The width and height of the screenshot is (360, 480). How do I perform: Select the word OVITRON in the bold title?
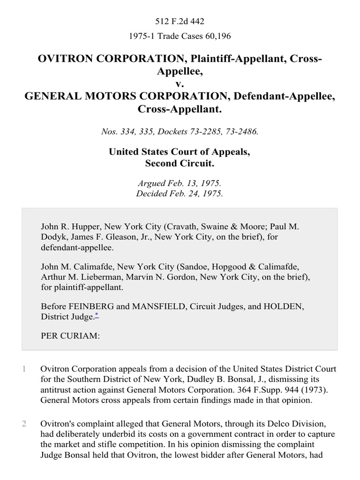70,60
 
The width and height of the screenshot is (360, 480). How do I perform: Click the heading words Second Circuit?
180,164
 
